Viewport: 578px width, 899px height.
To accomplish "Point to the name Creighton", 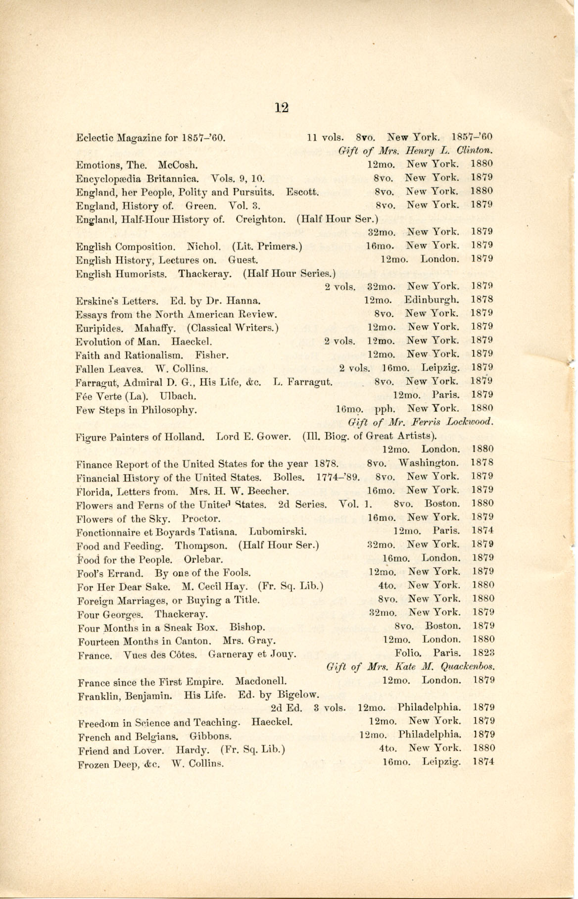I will point(260,219).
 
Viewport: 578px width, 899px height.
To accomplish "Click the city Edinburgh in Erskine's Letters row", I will point(432,300).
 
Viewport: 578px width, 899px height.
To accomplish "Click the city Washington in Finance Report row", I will point(429,463).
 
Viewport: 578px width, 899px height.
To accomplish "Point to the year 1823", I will point(483,652).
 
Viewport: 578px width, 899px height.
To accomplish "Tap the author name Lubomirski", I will point(278,532).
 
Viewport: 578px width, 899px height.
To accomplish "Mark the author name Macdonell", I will point(261,681).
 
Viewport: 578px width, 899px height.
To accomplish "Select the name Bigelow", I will point(298,695).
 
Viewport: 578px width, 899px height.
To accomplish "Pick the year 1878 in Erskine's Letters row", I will point(482,300).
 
